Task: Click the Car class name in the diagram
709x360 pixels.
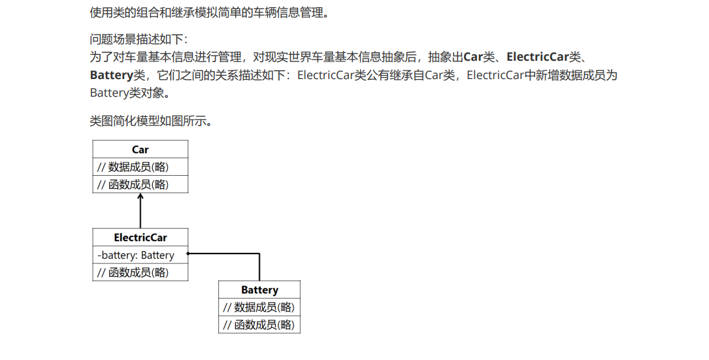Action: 140,150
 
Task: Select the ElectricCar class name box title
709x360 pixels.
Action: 140,238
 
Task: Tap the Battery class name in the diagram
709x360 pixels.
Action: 259,290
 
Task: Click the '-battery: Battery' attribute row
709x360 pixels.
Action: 137,255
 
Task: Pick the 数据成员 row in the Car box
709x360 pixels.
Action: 133,167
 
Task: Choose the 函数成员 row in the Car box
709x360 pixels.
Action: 133,184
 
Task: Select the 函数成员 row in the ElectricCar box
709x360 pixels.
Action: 133,272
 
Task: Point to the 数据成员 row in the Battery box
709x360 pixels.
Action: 259,307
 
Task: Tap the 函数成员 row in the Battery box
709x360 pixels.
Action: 259,325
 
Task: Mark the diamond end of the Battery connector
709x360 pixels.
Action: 188,254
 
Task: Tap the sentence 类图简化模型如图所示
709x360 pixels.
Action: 151,122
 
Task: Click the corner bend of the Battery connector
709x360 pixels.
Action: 259,254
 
